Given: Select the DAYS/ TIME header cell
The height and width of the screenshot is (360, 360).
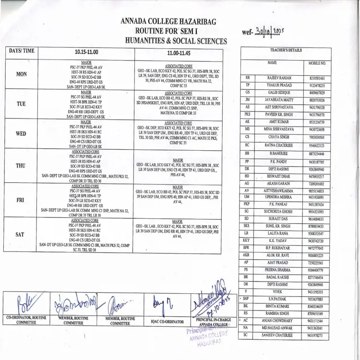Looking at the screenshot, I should pyautogui.click(x=22, y=50).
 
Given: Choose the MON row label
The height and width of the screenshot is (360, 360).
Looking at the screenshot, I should pyautogui.click(x=22, y=74).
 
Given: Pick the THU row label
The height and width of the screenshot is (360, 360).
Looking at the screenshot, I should pyautogui.click(x=21, y=166).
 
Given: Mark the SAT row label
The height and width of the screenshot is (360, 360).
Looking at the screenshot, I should pyautogui.click(x=20, y=234).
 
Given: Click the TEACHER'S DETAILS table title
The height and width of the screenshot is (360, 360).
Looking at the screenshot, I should pyautogui.click(x=286, y=50).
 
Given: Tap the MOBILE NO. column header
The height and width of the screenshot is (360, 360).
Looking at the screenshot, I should pyautogui.click(x=317, y=63).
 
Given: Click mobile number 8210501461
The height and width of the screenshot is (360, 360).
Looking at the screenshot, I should pyautogui.click(x=317, y=78).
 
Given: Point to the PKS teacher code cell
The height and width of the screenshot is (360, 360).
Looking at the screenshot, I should pyautogui.click(x=247, y=115).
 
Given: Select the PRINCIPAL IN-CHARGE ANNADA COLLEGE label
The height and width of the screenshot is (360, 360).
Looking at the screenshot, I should pyautogui.click(x=211, y=322).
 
